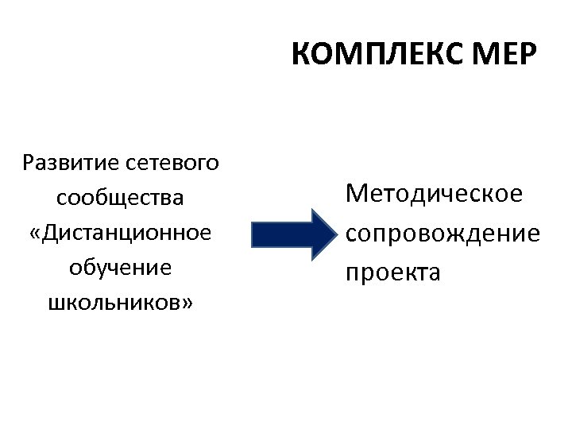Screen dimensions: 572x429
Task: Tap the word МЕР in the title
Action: click(x=504, y=56)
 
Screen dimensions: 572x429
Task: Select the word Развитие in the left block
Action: click(x=71, y=164)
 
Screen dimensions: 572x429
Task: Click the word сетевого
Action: click(x=172, y=164)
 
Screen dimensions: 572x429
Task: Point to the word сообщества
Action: click(x=121, y=197)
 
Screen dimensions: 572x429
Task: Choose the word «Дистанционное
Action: click(x=121, y=233)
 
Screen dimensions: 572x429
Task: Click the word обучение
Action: click(x=121, y=267)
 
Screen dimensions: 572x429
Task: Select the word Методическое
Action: click(x=434, y=193)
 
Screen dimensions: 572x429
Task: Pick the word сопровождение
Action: click(x=443, y=233)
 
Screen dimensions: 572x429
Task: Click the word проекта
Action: click(x=392, y=272)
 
